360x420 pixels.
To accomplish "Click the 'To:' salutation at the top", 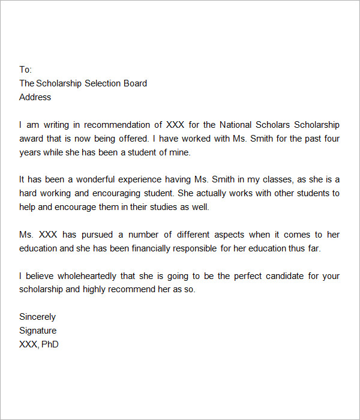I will click(x=25, y=70).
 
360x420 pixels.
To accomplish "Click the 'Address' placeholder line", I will click(x=35, y=97).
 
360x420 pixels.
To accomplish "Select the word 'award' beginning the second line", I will click(x=31, y=139).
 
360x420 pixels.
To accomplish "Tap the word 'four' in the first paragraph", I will click(x=331, y=139).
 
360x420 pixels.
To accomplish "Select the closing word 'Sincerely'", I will click(x=37, y=317).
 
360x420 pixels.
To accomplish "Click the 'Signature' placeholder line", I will click(x=38, y=331).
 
